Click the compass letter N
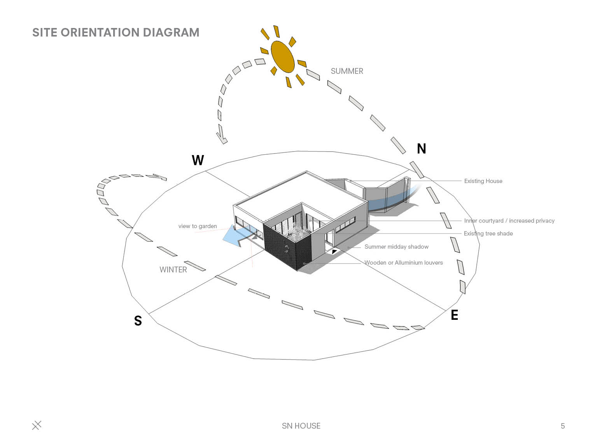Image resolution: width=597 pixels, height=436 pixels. click(421, 149)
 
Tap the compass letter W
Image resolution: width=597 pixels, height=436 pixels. click(198, 160)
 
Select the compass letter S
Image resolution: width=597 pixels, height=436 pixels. click(138, 321)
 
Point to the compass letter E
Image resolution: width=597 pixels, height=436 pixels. click(454, 315)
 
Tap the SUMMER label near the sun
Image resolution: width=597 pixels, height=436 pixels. click(347, 71)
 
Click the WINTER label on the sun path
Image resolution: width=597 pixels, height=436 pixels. click(173, 270)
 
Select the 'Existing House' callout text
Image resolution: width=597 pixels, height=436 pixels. click(483, 181)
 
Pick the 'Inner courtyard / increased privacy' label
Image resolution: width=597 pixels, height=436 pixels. click(509, 221)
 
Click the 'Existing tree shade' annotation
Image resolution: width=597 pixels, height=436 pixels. click(488, 234)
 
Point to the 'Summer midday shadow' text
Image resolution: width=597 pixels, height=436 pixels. click(396, 247)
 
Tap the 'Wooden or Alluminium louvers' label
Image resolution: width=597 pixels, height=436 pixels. click(403, 263)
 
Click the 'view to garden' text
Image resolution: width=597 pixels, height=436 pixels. click(198, 226)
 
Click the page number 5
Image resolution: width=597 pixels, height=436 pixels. click(562, 426)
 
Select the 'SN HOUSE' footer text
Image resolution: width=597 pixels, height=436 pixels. click(301, 426)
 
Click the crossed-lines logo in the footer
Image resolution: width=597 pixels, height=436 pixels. click(37, 426)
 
